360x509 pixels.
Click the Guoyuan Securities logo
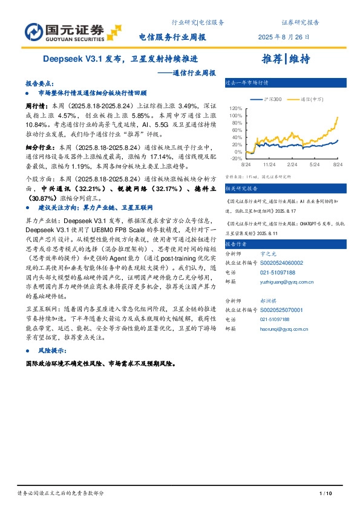(64, 31)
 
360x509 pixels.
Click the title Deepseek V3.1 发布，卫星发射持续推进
(120, 60)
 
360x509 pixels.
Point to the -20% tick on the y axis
(235, 158)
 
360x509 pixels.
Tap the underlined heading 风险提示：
(54, 350)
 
